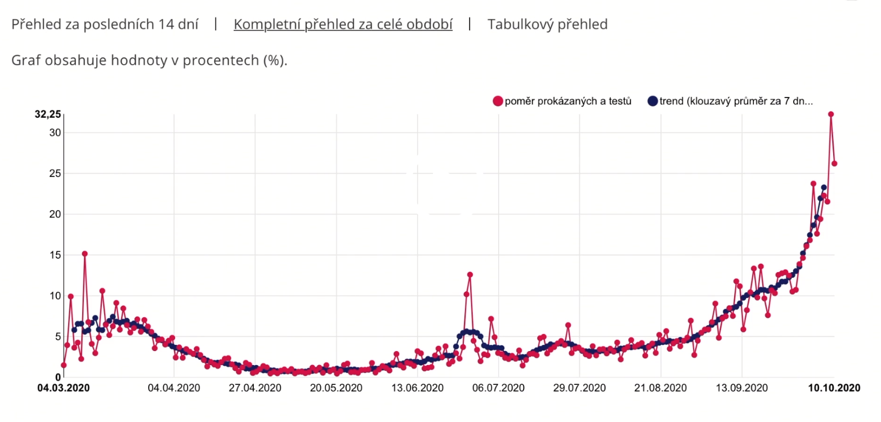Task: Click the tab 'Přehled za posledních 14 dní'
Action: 105,25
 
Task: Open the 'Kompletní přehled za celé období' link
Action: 343,25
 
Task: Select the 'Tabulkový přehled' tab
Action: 547,25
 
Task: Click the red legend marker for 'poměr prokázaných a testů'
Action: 498,101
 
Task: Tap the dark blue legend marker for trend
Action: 652,101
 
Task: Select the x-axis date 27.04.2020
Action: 255,388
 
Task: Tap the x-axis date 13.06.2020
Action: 417,388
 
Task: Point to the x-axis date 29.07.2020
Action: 579,388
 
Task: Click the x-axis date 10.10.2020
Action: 834,388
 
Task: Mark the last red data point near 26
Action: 834,163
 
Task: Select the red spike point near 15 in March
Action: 84,254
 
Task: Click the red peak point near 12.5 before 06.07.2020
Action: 470,274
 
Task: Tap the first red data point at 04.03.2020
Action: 64,365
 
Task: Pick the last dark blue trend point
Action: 824,188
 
